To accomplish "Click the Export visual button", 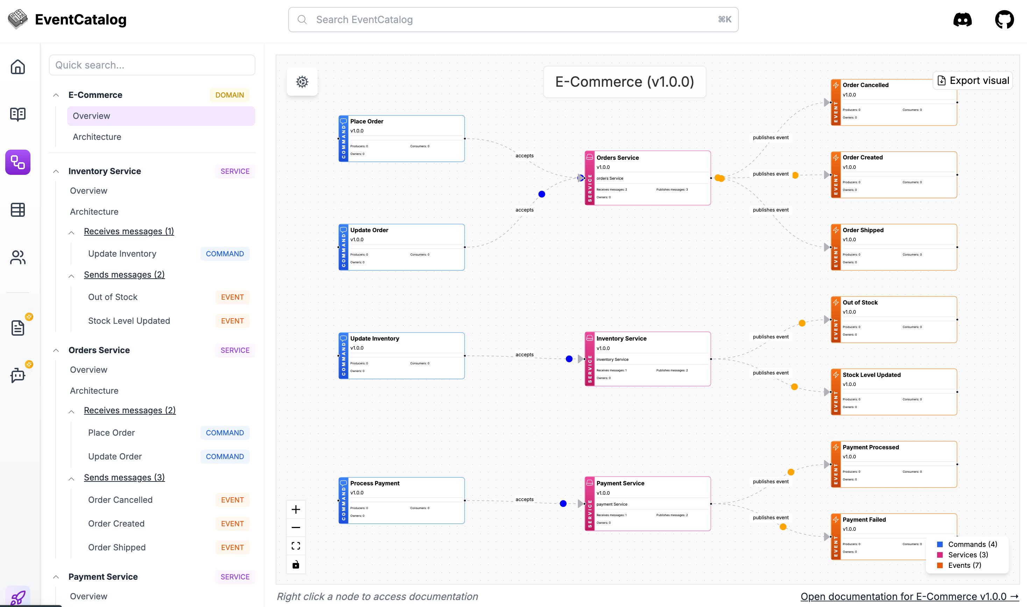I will click(973, 80).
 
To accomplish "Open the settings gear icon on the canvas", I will click(302, 82).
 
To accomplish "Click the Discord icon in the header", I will click(962, 20).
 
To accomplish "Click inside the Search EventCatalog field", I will click(513, 20).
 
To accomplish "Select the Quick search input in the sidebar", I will click(152, 65).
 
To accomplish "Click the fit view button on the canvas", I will click(296, 546).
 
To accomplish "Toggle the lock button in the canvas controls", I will click(296, 564).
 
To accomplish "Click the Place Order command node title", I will click(367, 121).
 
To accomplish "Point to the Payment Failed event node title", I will click(864, 520).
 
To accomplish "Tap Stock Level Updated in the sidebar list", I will click(129, 321).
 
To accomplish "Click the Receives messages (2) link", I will click(130, 410).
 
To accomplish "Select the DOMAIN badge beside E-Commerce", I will click(229, 95).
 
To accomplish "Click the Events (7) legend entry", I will click(964, 565).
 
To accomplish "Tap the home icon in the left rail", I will click(17, 67).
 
